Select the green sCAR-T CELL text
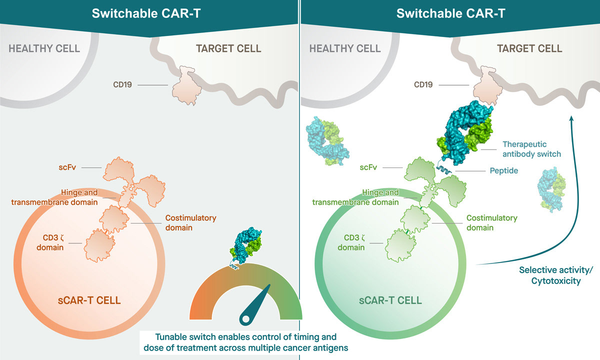(391, 300)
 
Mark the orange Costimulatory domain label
(190, 222)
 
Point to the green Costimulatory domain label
(491, 222)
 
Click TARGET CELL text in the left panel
(228, 48)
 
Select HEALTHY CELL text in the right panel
(344, 48)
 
